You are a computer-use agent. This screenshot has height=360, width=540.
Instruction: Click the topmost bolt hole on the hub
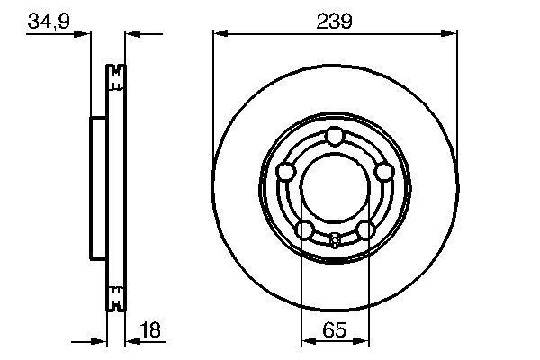pos(335,136)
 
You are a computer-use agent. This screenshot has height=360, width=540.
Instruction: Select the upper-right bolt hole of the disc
pos(383,171)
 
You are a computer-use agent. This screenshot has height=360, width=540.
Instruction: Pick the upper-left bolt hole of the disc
pos(286,171)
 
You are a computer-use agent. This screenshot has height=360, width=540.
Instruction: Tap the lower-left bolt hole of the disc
pos(304,230)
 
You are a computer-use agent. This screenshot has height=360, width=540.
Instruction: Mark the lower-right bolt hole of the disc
pos(364,230)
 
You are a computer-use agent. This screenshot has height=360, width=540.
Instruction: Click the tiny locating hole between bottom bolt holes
pos(335,239)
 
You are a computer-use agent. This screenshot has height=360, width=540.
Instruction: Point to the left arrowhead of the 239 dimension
pos(219,34)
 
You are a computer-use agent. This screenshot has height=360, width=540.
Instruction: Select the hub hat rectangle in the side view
pos(98,186)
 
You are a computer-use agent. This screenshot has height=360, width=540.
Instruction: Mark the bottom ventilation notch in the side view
pos(114,296)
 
